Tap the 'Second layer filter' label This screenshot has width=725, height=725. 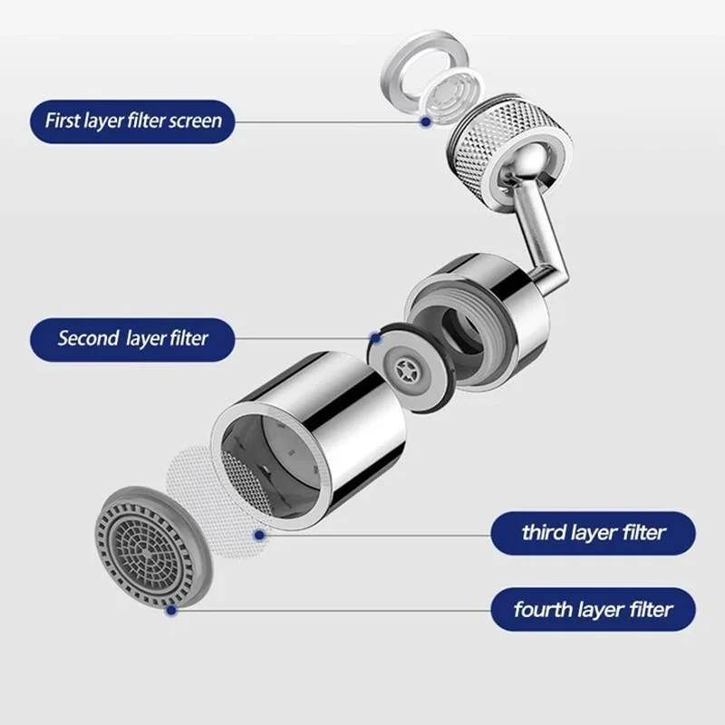pos(132,339)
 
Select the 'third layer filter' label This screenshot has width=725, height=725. pos(594,533)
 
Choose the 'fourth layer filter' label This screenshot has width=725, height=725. pos(594,609)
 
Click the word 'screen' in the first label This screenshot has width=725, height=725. pos(195,121)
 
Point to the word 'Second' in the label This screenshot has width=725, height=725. pos(88,339)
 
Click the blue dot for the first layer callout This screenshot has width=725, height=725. pos(424,121)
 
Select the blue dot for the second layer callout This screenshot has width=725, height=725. pos(373,338)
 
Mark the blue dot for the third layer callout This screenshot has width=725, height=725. pos(259,536)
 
